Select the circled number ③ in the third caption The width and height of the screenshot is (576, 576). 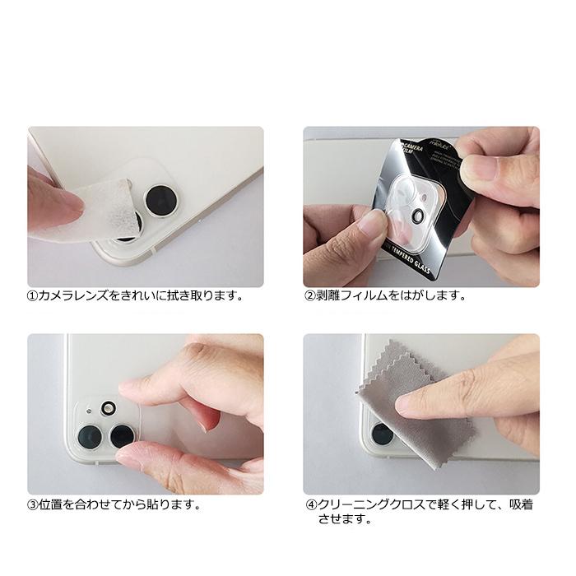click(34, 504)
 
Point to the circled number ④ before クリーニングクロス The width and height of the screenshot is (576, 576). click(310, 504)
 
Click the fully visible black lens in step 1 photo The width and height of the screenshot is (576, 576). click(156, 198)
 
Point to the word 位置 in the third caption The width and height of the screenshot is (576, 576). click(51, 504)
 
